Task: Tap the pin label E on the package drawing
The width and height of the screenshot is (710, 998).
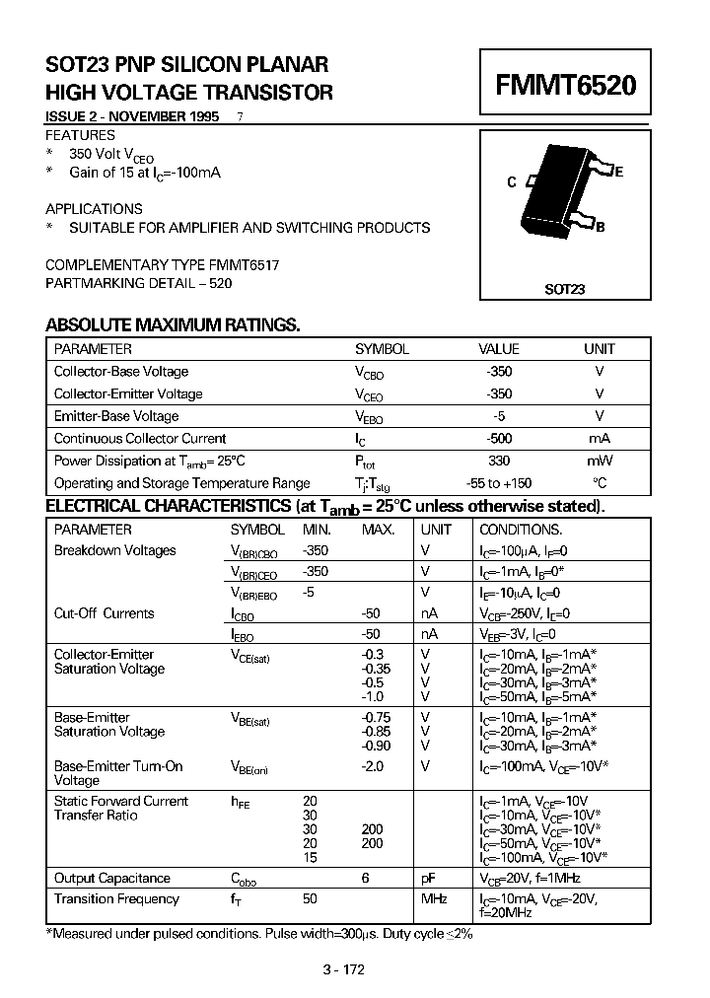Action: [618, 172]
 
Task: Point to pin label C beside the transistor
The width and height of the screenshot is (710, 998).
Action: [511, 182]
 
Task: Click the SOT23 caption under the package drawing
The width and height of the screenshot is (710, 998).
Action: [564, 290]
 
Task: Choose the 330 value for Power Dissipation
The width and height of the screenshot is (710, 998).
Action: [499, 461]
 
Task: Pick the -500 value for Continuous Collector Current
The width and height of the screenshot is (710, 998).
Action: [499, 439]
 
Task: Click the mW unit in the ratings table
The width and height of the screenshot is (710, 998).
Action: [600, 461]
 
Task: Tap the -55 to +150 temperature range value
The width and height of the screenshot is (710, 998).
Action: [499, 483]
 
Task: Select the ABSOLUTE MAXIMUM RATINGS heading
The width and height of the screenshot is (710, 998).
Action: [173, 325]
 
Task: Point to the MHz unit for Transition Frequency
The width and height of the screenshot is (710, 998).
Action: [435, 898]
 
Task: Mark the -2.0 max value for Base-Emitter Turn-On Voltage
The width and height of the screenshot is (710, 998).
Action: [372, 766]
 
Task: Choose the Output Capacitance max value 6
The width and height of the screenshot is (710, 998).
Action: [365, 878]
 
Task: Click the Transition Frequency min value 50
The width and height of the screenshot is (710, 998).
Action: [310, 898]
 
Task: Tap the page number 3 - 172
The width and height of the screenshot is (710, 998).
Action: [343, 969]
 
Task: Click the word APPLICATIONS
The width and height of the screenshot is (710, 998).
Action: [95, 209]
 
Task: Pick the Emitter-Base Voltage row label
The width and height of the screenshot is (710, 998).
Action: [116, 416]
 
